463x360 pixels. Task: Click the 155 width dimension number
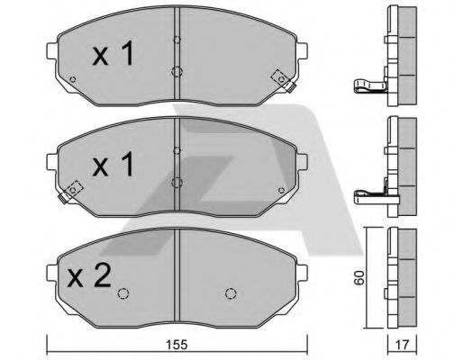coord(177,345)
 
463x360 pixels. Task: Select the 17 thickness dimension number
coord(402,345)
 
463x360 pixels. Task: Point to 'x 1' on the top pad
coord(113,53)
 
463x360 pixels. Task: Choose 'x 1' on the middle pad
coord(113,164)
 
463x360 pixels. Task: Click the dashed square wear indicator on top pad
coord(281,79)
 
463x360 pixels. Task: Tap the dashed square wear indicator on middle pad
coord(73,190)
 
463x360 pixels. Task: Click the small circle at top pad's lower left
coord(72,79)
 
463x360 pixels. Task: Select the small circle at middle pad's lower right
coord(281,190)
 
